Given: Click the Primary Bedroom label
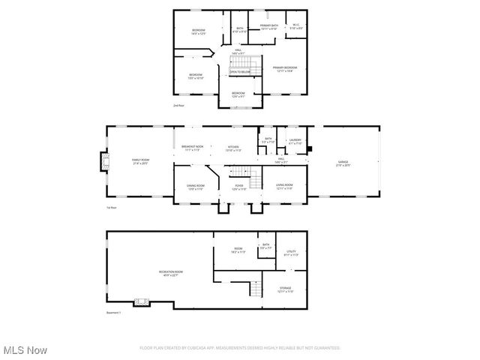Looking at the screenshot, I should pyautogui.click(x=284, y=68).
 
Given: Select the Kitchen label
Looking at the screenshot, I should pyautogui.click(x=233, y=148).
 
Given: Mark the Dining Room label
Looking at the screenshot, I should pyautogui.click(x=196, y=186).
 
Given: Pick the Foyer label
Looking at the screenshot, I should pyautogui.click(x=239, y=186).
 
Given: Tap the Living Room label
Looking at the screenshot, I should pyautogui.click(x=284, y=186).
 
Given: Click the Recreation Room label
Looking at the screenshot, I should pyautogui.click(x=170, y=272).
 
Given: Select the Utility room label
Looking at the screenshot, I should pyautogui.click(x=292, y=253).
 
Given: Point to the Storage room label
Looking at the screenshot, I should pyautogui.click(x=286, y=289).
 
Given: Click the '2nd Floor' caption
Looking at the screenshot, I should pyautogui.click(x=178, y=106).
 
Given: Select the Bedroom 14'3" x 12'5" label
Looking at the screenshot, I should pyautogui.click(x=198, y=32).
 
